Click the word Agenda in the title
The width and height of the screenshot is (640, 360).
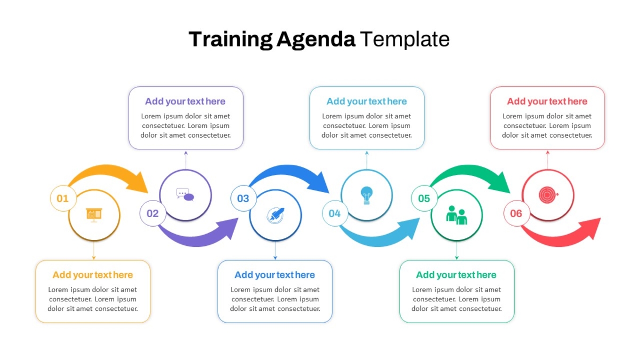click(316, 40)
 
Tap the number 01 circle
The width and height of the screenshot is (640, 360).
click(63, 198)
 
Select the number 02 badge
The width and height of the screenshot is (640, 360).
click(153, 213)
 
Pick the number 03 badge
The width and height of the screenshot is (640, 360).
click(243, 198)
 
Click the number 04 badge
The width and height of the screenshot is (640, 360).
click(335, 213)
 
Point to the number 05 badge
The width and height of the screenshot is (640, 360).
click(425, 198)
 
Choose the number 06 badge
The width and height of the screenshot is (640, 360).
click(516, 213)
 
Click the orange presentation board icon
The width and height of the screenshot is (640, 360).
click(94, 215)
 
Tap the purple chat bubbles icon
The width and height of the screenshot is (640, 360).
click(186, 195)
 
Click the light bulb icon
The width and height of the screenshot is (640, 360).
click(366, 195)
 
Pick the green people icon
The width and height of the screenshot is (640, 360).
click(457, 215)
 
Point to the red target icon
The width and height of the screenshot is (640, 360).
click(548, 195)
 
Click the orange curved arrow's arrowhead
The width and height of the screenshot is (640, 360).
click(139, 183)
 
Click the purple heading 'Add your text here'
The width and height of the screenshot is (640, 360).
click(185, 101)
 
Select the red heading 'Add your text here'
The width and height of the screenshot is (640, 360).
click(547, 101)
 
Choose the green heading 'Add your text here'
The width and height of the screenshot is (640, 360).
click(457, 275)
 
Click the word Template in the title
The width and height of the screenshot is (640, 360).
click(405, 39)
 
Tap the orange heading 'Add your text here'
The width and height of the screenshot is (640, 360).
click(93, 275)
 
